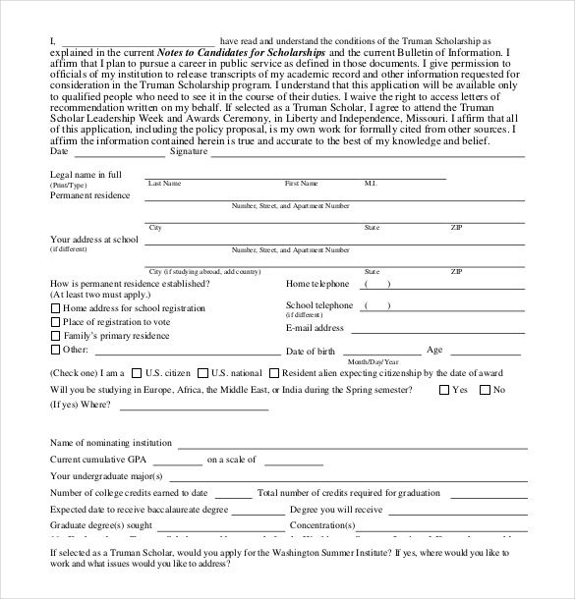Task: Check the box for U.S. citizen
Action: click(x=136, y=373)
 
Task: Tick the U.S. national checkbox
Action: click(x=202, y=373)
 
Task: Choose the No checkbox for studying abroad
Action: click(x=484, y=390)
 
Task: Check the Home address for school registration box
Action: click(x=54, y=308)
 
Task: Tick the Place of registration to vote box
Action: click(x=54, y=322)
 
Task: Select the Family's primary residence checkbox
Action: click(x=54, y=336)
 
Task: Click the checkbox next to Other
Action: click(x=54, y=350)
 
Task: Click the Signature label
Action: click(x=188, y=152)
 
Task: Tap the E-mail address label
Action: click(x=315, y=329)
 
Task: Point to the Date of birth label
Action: click(x=310, y=352)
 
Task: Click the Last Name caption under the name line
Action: click(x=164, y=184)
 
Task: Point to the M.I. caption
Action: click(x=371, y=184)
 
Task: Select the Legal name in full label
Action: click(x=86, y=175)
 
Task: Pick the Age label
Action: click(x=434, y=350)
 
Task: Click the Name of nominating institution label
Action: click(x=110, y=443)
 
